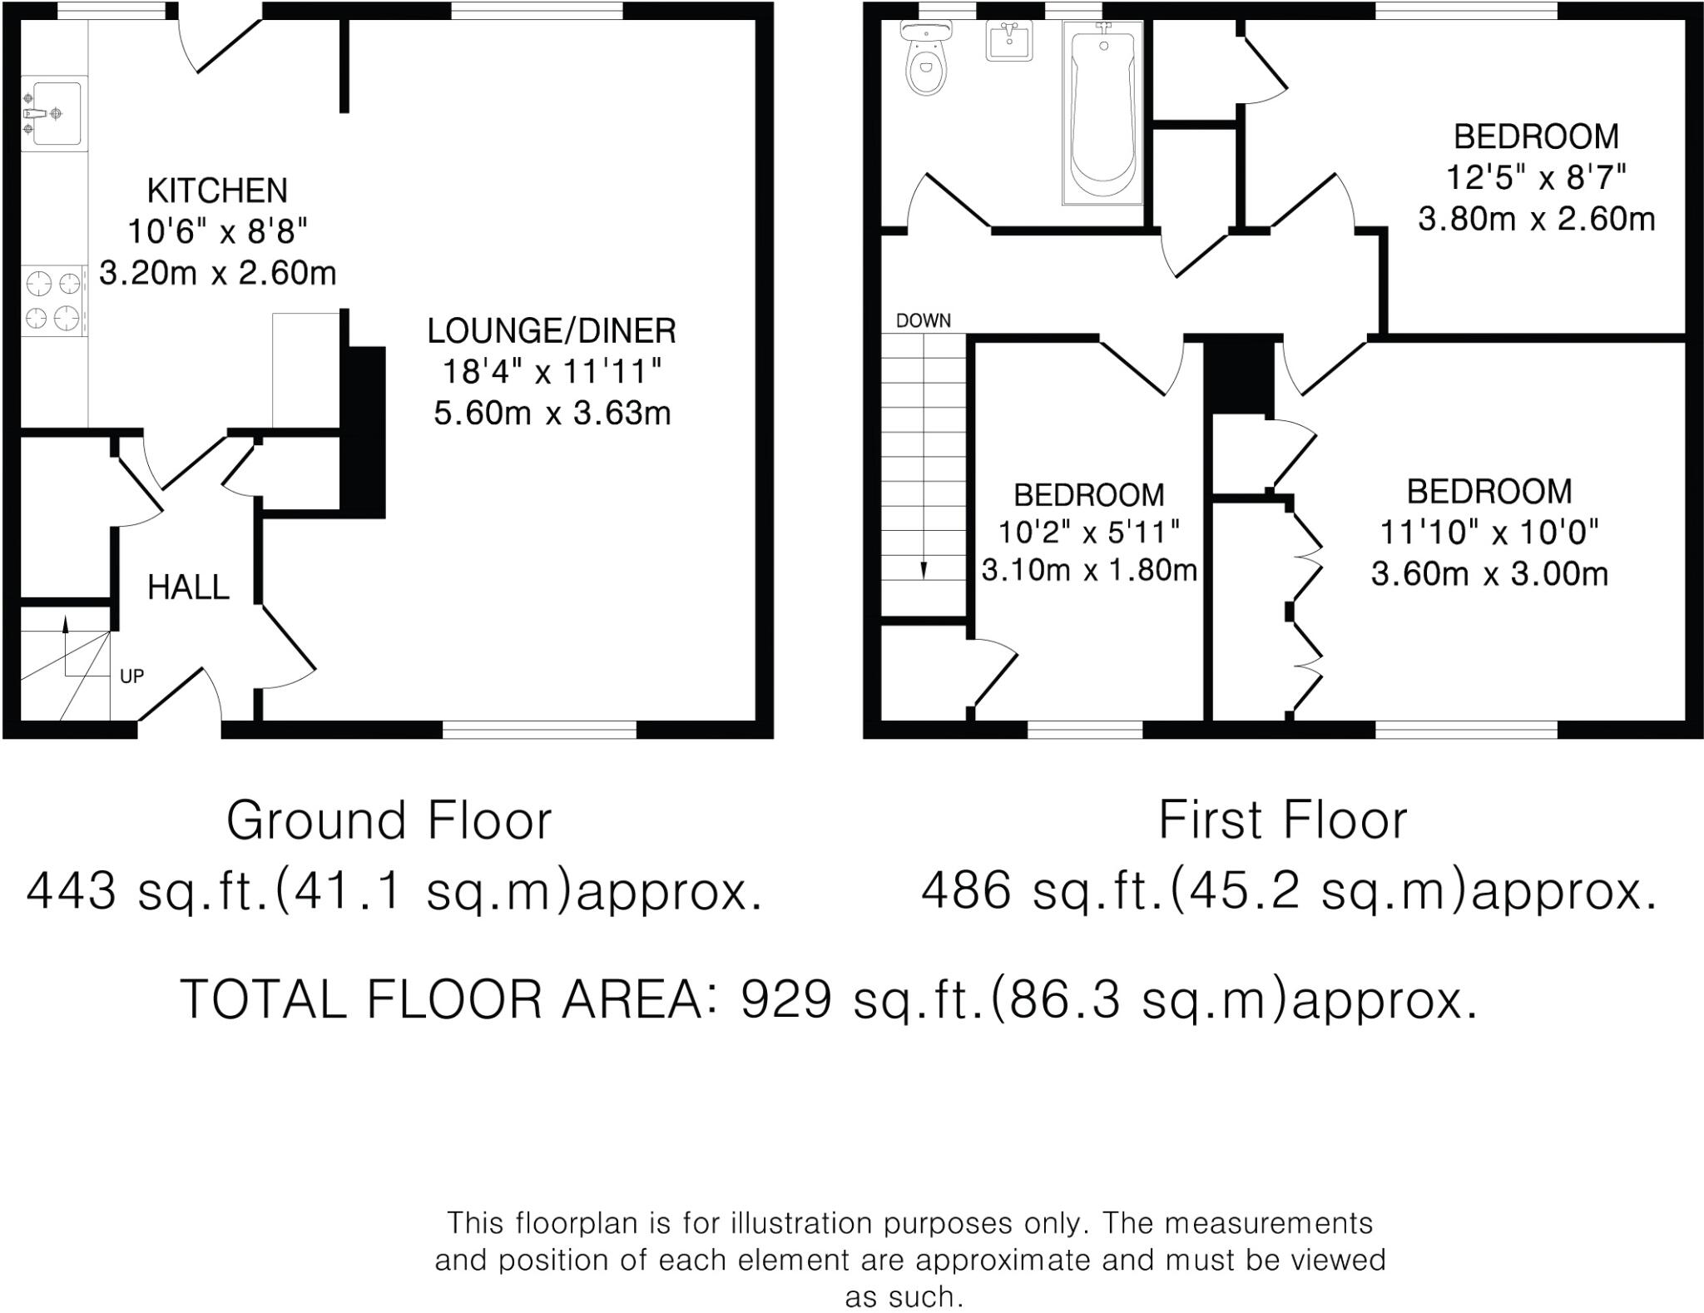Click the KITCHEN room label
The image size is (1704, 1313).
point(217,191)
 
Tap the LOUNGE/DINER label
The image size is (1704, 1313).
point(552,331)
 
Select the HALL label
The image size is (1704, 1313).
point(188,587)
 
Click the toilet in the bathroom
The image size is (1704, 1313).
point(925,58)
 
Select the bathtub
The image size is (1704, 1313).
point(1102,112)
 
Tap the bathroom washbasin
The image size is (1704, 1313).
point(1009,41)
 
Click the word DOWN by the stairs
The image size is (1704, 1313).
point(924,321)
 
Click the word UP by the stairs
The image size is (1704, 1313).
point(131,676)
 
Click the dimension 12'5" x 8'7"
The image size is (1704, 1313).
point(1536,177)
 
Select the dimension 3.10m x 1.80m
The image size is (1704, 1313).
point(1089,571)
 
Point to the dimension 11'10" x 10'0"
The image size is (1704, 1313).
point(1489,533)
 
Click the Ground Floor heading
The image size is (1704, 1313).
point(389,821)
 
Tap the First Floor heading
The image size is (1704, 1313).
point(1282,821)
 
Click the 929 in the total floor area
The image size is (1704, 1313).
point(786,998)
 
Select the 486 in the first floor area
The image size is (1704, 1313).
point(966,892)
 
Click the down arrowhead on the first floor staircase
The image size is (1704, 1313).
point(924,570)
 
